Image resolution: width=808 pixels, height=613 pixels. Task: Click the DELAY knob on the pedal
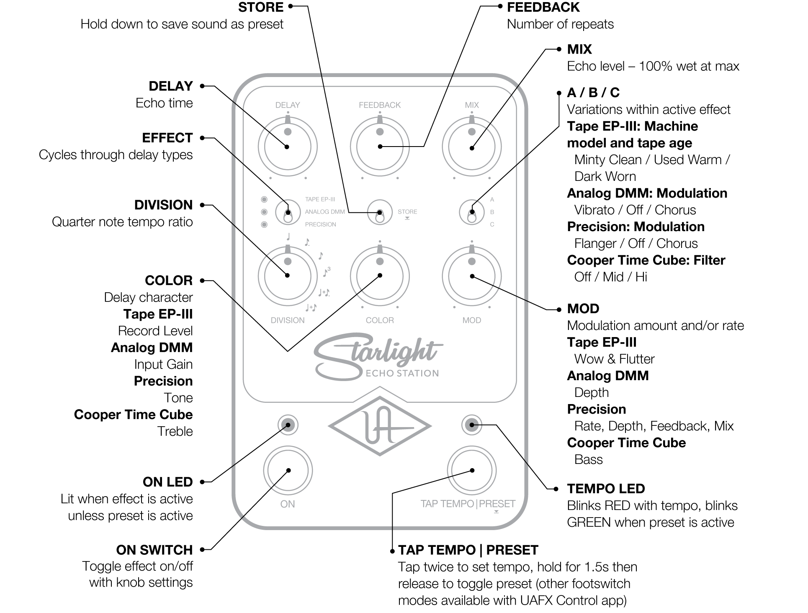(288, 147)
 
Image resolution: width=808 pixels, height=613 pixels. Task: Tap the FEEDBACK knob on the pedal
(380, 147)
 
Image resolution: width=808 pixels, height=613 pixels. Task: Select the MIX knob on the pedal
(472, 147)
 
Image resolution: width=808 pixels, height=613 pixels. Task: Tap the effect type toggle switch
(288, 212)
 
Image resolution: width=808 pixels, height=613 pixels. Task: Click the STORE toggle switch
(380, 212)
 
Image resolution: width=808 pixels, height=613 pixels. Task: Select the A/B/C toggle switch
(472, 212)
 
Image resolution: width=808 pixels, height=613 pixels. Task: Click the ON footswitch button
(288, 470)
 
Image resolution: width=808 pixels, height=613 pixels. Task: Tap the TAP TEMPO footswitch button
(472, 470)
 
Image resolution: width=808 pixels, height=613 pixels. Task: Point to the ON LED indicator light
(288, 425)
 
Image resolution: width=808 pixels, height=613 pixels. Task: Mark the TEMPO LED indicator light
(472, 425)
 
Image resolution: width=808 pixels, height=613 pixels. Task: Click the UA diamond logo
(380, 426)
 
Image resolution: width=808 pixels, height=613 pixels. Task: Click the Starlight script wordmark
(377, 354)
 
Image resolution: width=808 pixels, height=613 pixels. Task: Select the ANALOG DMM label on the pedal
(325, 212)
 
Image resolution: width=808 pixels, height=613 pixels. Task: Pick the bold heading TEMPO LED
(606, 489)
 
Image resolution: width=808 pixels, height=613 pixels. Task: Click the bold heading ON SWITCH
(154, 550)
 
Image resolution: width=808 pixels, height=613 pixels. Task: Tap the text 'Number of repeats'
(560, 24)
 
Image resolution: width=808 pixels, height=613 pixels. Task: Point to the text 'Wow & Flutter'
(614, 359)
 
